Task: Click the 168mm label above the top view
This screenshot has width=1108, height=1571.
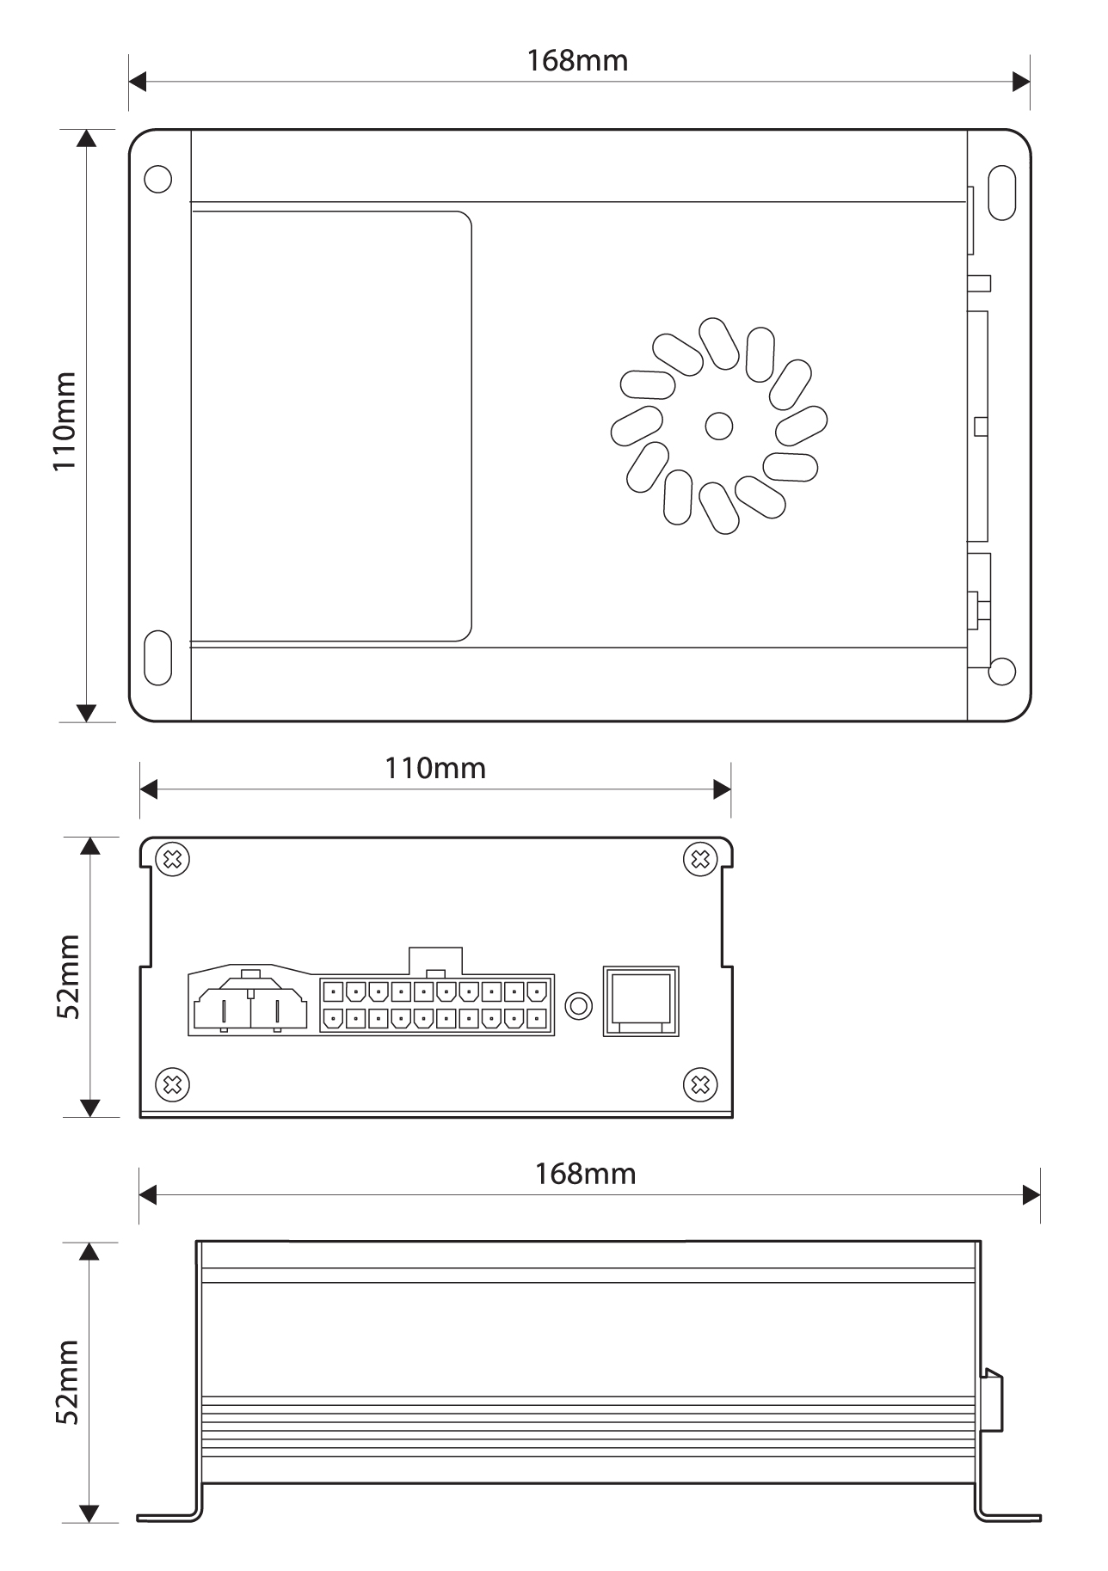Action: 577,61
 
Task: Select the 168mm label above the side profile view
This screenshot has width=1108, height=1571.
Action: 585,1174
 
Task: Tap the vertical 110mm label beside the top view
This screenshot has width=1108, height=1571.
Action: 65,421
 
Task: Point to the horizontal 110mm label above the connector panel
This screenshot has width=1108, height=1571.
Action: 434,768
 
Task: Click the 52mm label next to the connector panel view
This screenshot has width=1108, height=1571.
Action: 68,977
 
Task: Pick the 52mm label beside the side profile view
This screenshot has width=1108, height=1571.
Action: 68,1382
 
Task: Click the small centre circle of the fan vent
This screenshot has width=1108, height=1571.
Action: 718,425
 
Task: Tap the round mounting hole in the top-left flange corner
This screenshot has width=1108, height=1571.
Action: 158,179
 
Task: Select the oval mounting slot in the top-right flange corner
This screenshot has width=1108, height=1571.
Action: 1001,193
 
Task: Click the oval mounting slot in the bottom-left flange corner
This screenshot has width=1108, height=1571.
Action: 158,658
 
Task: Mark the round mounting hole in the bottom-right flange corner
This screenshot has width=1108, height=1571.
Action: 1001,672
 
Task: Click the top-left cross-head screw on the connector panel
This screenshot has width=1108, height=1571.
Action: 173,859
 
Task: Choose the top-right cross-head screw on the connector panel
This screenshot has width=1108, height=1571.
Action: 700,859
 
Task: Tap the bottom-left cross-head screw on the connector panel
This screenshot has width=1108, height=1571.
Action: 173,1084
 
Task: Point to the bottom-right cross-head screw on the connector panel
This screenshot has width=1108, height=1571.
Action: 700,1084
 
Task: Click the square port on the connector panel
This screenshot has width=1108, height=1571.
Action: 640,1001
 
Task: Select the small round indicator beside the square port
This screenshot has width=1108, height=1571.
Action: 579,1004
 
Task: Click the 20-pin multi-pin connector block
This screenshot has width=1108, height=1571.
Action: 436,1004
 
